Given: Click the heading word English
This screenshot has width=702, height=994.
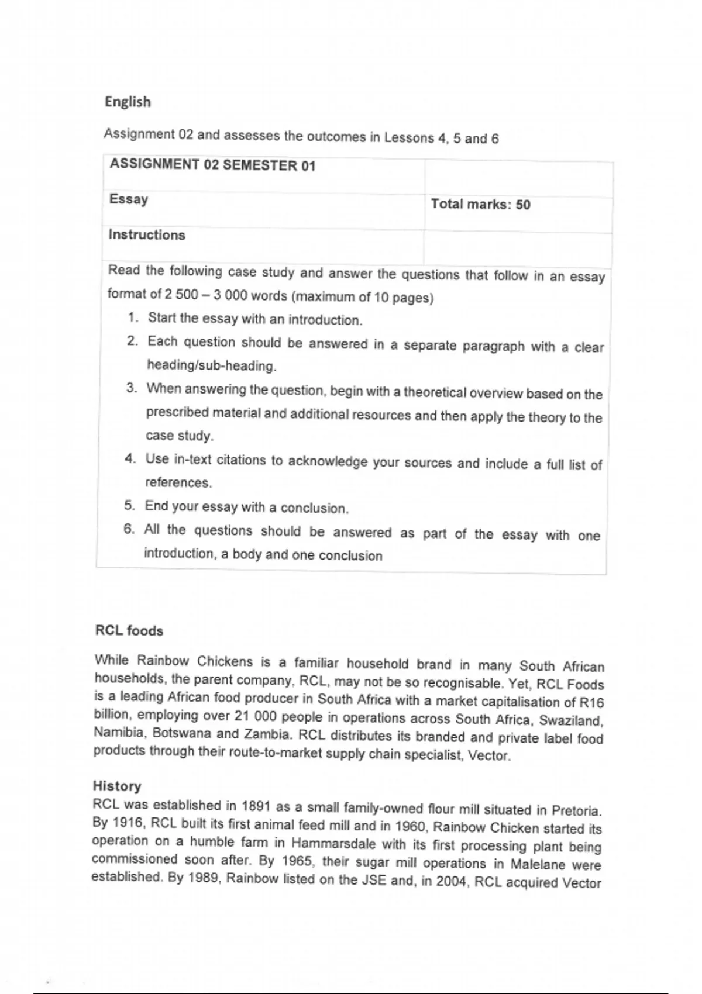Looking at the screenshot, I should pyautogui.click(x=128, y=102).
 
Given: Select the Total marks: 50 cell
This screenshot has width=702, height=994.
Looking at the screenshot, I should pyautogui.click(x=480, y=204).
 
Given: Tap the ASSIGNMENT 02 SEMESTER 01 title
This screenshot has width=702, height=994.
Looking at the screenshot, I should pyautogui.click(x=212, y=165).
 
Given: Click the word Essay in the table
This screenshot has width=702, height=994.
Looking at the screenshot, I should pyautogui.click(x=129, y=199).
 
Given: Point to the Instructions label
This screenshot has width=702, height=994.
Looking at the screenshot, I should pyautogui.click(x=147, y=235).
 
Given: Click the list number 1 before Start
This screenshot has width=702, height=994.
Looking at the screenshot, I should pyautogui.click(x=133, y=317).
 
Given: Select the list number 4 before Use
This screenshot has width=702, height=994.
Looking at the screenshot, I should pyautogui.click(x=130, y=458).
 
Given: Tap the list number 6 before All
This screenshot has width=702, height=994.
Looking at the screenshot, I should pyautogui.click(x=129, y=529).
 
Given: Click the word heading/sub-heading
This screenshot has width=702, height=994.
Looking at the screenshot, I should pyautogui.click(x=211, y=366).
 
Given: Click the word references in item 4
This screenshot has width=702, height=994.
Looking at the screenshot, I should pyautogui.click(x=178, y=483).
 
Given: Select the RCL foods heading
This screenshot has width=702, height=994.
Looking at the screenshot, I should pyautogui.click(x=129, y=631).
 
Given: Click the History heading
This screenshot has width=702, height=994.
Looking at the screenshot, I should pyautogui.click(x=117, y=786).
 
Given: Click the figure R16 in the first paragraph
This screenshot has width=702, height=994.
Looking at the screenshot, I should pyautogui.click(x=591, y=702).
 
